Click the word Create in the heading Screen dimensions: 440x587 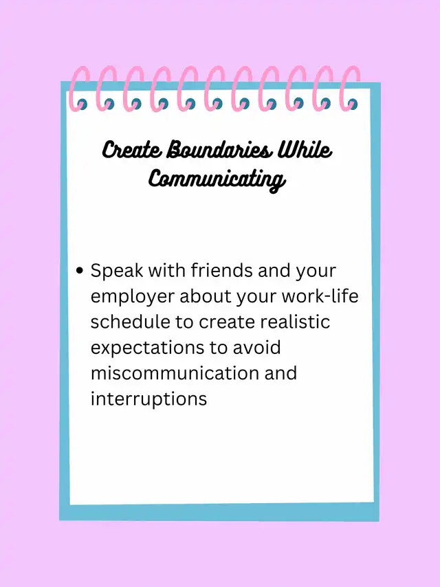coord(132,150)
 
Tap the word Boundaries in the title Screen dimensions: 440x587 coord(218,150)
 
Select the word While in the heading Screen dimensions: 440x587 coord(304,150)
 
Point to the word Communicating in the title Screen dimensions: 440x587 coord(217,179)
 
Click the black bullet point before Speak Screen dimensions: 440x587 coord(79,270)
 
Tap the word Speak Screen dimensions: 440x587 coord(117,271)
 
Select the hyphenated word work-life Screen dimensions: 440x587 coord(320,296)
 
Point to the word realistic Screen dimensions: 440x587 coord(296,322)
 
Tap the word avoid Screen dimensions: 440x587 coord(257,347)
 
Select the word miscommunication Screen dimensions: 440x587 coord(175,373)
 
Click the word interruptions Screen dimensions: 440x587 coord(148,399)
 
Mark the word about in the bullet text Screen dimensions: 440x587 coord(206,296)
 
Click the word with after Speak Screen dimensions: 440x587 coord(166,270)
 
